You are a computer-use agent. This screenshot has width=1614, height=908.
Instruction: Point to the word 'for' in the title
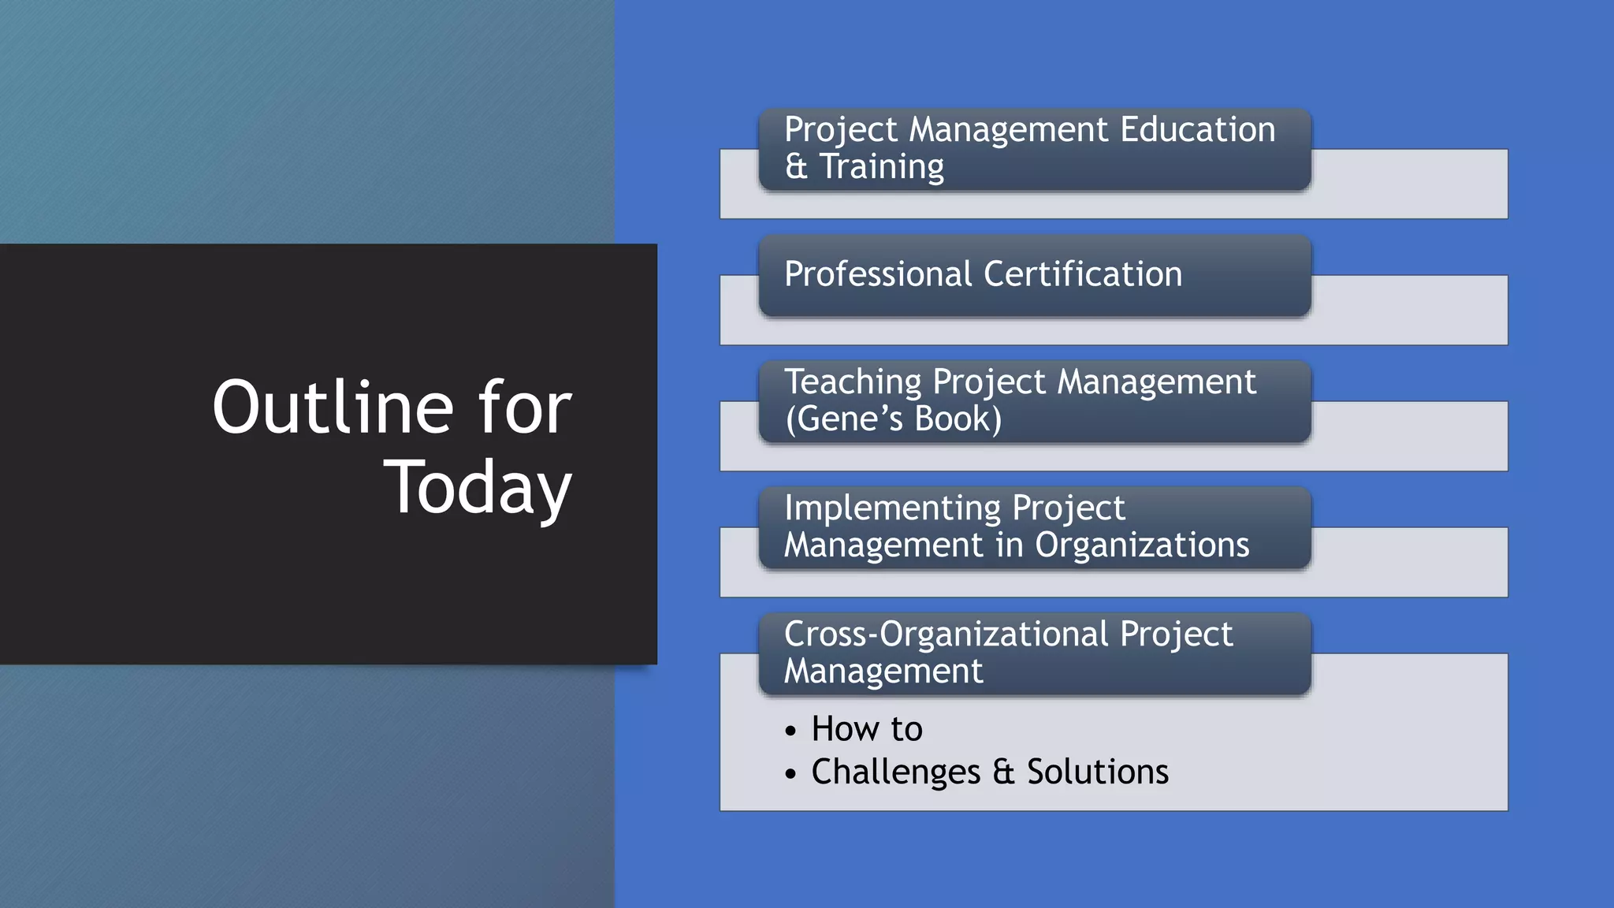525,407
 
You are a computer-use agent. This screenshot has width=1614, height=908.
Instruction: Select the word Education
1197,129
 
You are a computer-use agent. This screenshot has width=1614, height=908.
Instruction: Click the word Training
882,167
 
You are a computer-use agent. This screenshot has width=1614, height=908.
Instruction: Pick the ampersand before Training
796,167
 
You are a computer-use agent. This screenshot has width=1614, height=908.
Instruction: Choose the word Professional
879,274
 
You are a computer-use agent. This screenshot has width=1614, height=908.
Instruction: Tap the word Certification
1083,274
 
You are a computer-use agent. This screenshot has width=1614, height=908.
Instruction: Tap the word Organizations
1142,545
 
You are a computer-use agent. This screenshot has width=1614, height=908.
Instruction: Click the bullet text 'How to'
867,729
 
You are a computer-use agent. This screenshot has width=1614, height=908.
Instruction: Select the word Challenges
896,772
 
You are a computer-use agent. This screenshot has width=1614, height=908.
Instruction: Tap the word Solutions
1098,772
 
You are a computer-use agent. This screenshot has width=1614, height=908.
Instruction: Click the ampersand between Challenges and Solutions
1003,772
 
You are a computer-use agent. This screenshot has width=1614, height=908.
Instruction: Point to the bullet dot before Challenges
791,775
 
